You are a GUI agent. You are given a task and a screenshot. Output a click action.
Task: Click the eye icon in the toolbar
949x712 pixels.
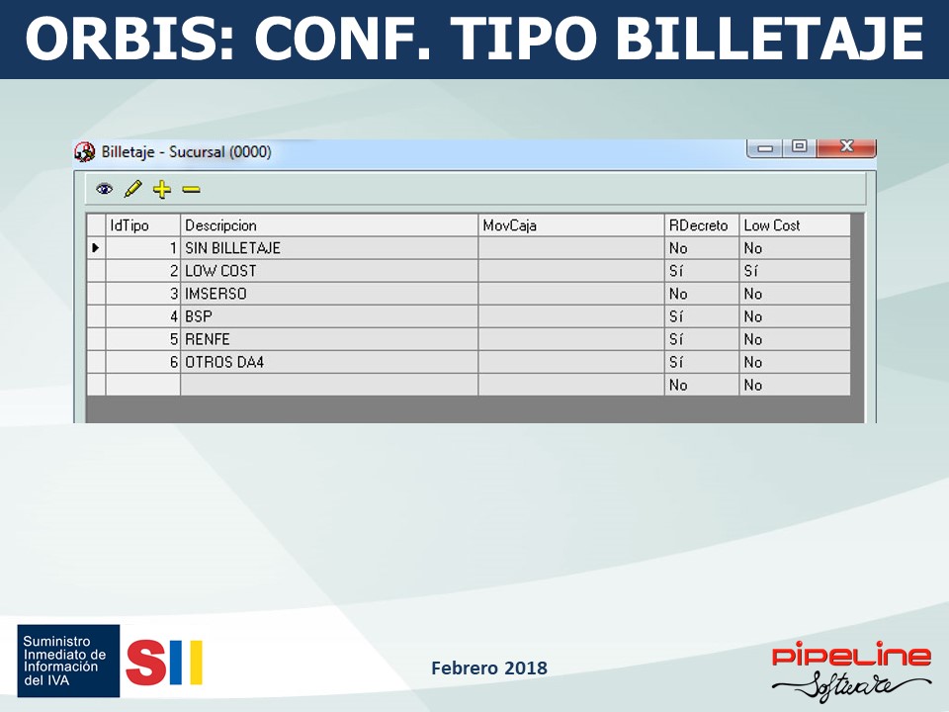click(104, 189)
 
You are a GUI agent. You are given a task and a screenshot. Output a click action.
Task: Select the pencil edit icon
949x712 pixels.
click(132, 189)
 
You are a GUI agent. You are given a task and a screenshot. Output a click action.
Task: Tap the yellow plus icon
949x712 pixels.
click(161, 190)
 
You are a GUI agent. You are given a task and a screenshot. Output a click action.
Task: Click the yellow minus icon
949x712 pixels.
click(191, 190)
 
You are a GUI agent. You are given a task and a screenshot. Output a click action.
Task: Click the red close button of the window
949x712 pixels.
click(846, 147)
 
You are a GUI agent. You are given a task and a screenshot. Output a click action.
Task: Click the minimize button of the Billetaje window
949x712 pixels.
click(765, 147)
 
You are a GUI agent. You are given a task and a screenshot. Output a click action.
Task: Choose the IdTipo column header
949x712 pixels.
click(142, 225)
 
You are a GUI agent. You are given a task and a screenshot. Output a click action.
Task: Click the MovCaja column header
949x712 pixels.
click(570, 225)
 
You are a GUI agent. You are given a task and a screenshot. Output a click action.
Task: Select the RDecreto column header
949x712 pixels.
click(702, 225)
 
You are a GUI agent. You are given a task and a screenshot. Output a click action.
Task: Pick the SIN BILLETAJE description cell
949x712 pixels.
click(329, 248)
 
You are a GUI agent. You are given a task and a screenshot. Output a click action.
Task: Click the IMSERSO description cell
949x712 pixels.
click(329, 294)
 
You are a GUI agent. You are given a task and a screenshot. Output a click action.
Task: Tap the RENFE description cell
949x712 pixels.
click(329, 339)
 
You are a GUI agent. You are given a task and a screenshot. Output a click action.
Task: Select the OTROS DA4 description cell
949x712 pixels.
click(329, 362)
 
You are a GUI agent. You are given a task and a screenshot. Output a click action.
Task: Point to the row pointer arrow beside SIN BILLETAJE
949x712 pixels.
click(96, 247)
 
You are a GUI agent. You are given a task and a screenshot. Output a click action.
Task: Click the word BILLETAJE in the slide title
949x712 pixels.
click(769, 38)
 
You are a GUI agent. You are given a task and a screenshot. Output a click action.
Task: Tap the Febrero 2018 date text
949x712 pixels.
click(489, 667)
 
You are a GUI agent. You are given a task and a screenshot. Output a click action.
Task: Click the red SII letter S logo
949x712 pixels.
click(146, 663)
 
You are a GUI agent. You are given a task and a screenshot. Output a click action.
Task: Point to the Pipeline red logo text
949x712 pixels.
click(851, 656)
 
